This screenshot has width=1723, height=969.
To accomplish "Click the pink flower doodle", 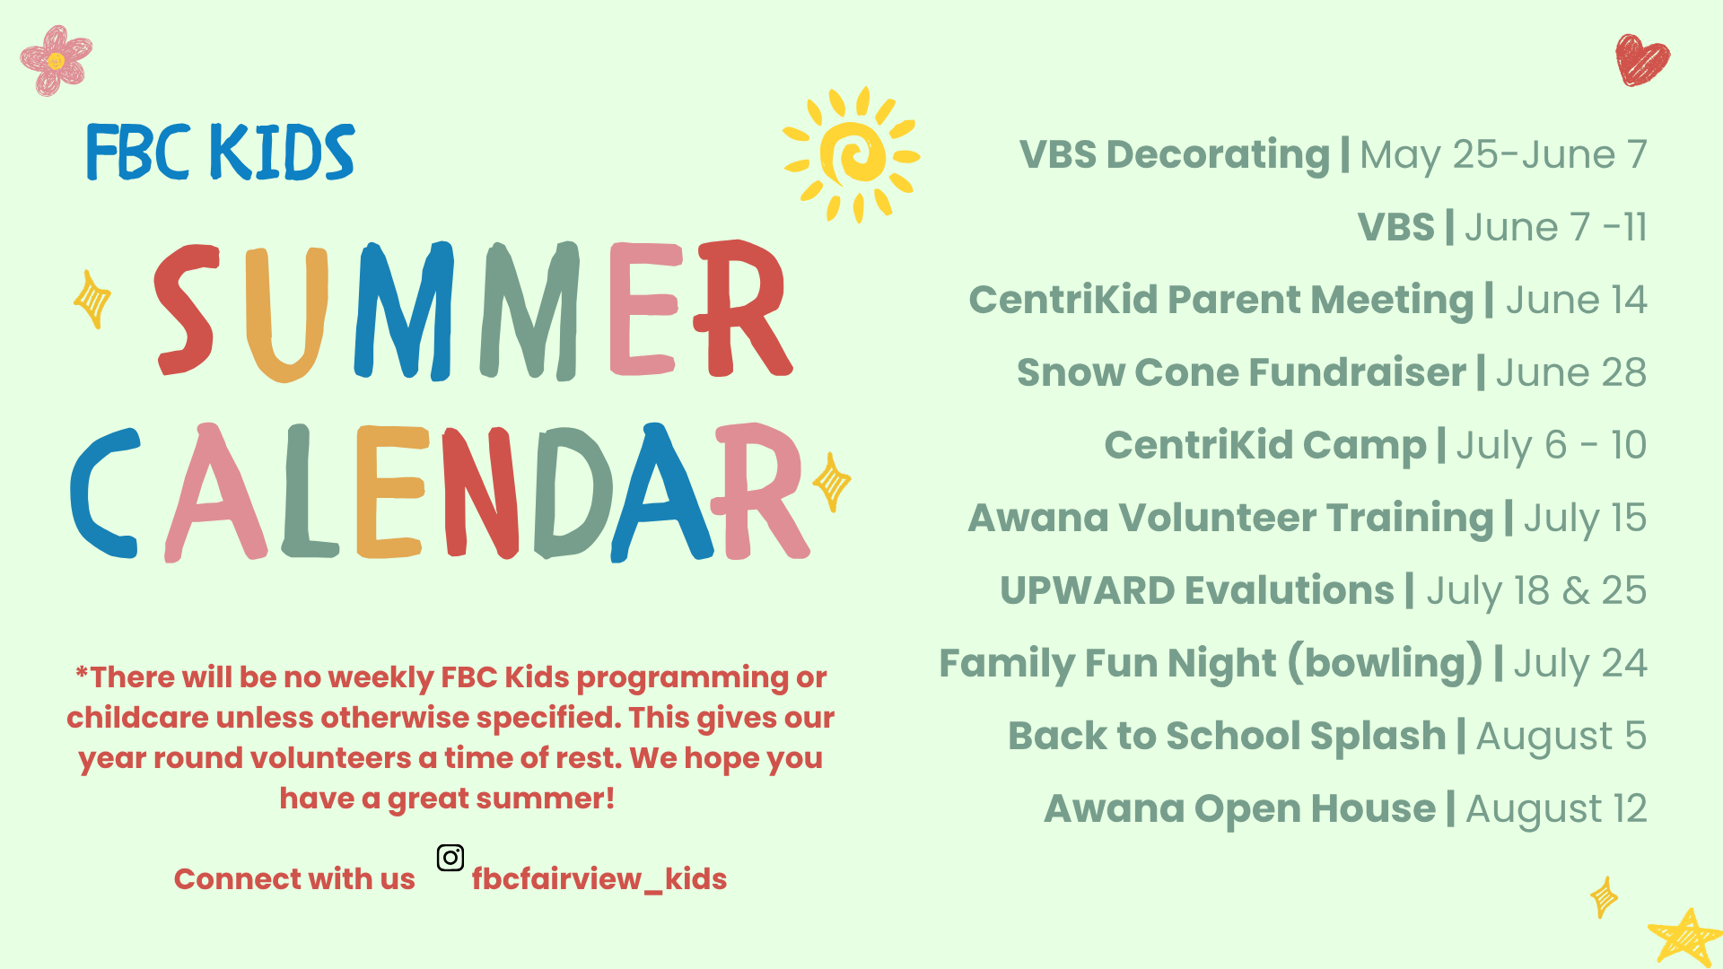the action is pyautogui.click(x=56, y=61).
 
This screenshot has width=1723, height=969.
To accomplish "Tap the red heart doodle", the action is pyautogui.click(x=1641, y=60).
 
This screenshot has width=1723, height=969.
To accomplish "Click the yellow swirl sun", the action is pyautogui.click(x=852, y=155).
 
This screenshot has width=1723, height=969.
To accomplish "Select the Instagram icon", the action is pyautogui.click(x=450, y=858).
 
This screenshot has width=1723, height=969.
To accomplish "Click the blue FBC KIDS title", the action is pyautogui.click(x=221, y=153).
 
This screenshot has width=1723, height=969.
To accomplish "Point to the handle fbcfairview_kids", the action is pyautogui.click(x=599, y=879).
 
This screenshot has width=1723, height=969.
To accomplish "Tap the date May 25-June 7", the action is pyautogui.click(x=1503, y=155).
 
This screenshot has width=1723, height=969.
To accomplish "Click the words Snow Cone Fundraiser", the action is pyautogui.click(x=1241, y=372).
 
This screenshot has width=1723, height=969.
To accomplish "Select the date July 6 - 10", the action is pyautogui.click(x=1551, y=446).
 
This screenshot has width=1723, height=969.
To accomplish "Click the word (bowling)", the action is pyautogui.click(x=1386, y=664).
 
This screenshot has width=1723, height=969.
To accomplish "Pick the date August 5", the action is pyautogui.click(x=1561, y=737).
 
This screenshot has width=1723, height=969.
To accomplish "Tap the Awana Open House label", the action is pyautogui.click(x=1240, y=808).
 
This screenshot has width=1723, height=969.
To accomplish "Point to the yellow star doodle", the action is pyautogui.click(x=1686, y=938).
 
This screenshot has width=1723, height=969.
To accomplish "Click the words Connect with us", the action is pyautogui.click(x=294, y=879).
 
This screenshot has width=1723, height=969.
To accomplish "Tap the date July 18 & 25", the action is pyautogui.click(x=1536, y=591).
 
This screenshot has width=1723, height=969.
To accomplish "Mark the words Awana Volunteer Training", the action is pyautogui.click(x=1230, y=519).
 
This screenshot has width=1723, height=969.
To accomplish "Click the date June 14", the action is pyautogui.click(x=1577, y=301).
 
